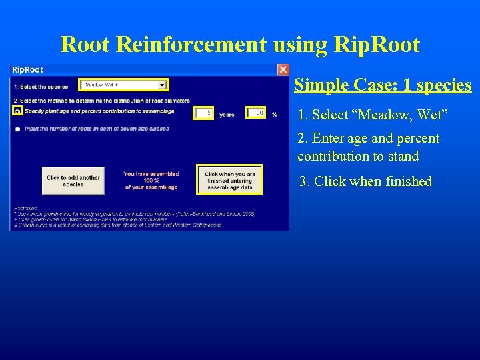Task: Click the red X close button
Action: pyautogui.click(x=283, y=69)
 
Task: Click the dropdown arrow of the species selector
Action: pyautogui.click(x=162, y=85)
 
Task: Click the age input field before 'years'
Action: pyautogui.click(x=204, y=114)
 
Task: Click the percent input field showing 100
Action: pyautogui.click(x=256, y=114)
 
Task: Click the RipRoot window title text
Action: pyautogui.click(x=28, y=69)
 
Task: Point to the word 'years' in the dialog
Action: pyautogui.click(x=227, y=115)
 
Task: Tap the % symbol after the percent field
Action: pyautogui.click(x=274, y=115)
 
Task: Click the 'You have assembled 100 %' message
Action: pyautogui.click(x=151, y=181)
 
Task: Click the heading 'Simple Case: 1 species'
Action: pyautogui.click(x=383, y=85)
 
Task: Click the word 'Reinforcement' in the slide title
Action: pyautogui.click(x=221, y=45)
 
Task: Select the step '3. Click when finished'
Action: pyautogui.click(x=366, y=181)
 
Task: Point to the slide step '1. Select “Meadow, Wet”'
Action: pyautogui.click(x=373, y=115)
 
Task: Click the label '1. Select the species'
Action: pyautogui.click(x=41, y=87)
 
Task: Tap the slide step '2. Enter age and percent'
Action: pyautogui.click(x=369, y=139)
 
